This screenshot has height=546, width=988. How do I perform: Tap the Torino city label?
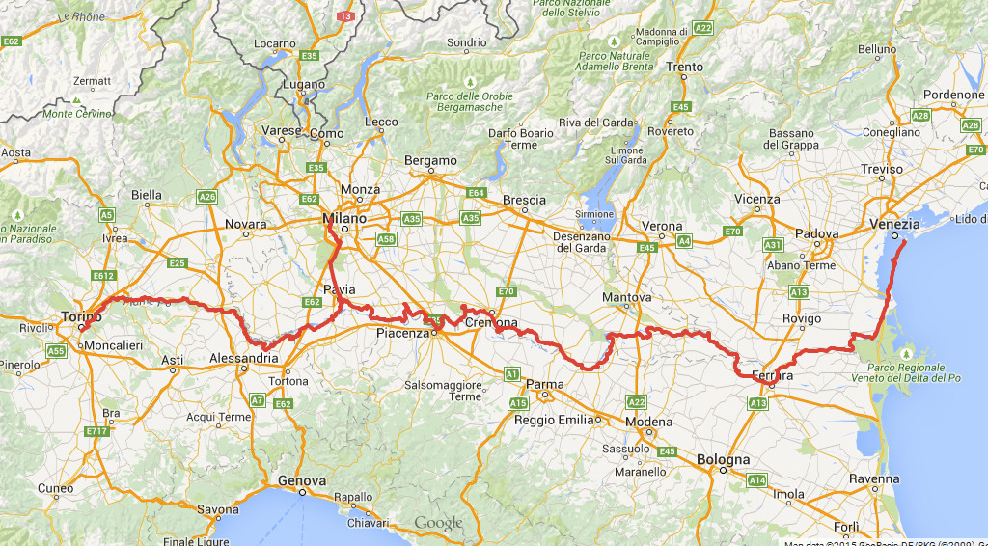pos(81,317)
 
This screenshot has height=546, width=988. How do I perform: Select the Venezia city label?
pos(894,224)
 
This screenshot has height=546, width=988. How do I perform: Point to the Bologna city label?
pos(723,460)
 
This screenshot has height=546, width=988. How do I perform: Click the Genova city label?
pos(302,480)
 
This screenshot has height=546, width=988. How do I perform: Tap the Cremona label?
pos(491,323)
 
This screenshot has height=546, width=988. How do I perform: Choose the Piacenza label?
pos(401,334)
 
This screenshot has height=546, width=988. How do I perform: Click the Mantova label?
pos(627,297)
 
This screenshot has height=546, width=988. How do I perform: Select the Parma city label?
pos(545,384)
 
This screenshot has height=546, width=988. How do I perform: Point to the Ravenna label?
pos(875,479)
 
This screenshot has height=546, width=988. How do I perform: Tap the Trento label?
pos(684,68)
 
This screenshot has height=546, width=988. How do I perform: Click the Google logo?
pos(439,524)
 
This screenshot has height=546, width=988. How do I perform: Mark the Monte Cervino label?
pos(77,114)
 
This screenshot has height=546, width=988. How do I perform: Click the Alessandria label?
pos(245,359)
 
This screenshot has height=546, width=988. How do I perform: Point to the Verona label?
pos(663,227)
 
